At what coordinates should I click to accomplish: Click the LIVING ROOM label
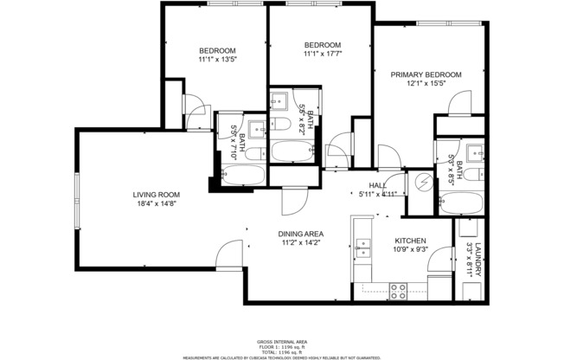[x=156, y=195]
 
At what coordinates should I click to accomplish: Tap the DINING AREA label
[x=300, y=234]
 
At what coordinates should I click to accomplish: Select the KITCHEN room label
[x=410, y=241]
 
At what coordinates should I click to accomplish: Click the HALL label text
[x=377, y=185]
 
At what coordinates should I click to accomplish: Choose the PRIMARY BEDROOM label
[x=425, y=74]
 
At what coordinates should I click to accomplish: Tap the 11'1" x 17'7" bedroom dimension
[x=322, y=55]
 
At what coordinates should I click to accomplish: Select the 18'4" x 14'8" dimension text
[x=156, y=204]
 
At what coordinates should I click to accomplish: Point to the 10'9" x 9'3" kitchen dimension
[x=410, y=251]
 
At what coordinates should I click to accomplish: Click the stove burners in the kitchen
[x=400, y=291]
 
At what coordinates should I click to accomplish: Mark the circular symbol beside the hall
[x=423, y=182]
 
